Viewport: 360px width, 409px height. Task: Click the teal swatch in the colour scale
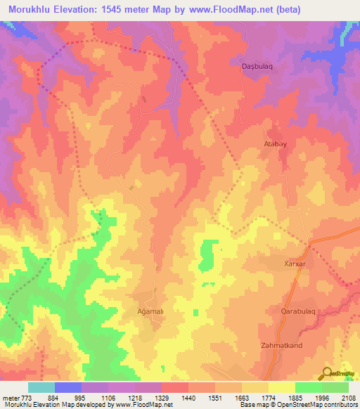(41, 387)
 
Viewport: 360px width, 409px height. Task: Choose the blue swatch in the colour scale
(68, 387)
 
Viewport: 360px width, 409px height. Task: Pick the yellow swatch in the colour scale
(282, 387)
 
